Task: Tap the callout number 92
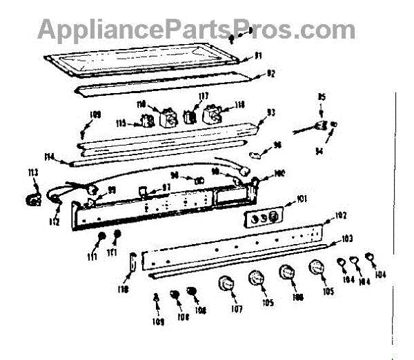tap(271, 73)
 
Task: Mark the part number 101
tap(301, 200)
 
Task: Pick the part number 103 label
tap(347, 239)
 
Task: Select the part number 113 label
tap(32, 172)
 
